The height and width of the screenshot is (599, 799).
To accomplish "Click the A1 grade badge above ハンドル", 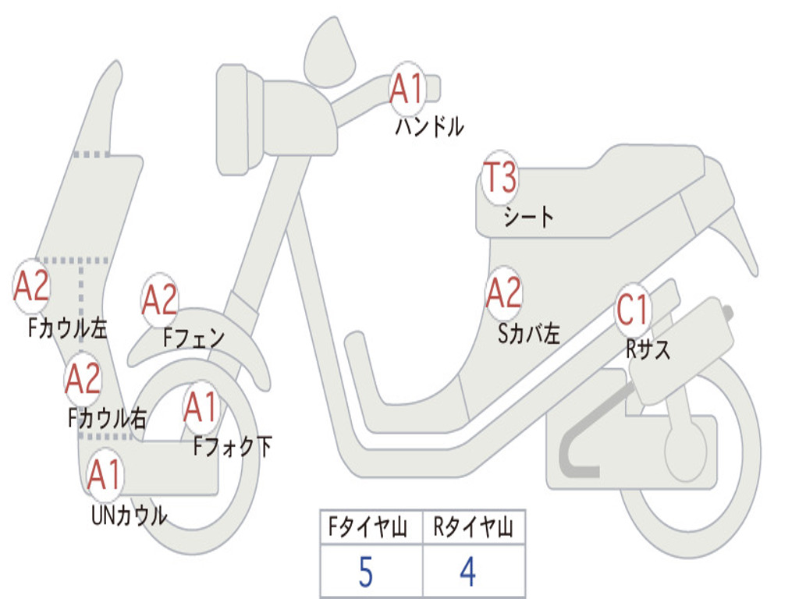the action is pos(407,89).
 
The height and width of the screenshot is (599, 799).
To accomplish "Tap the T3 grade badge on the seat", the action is pos(499,178).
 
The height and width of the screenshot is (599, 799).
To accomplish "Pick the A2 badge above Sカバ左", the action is pos(503,294).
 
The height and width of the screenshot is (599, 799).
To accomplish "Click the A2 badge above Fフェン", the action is pos(160,300).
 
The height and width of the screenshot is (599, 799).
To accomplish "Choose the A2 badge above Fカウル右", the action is pos(83,379).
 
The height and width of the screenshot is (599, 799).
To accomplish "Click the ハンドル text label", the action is pos(429,126).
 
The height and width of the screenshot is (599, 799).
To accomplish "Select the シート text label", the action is pos(528,216).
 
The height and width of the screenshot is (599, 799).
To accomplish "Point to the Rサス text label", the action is pos(648,349).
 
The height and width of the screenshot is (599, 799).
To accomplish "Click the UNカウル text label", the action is pos(129,516).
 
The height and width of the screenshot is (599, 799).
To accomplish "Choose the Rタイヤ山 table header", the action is pos(474,529).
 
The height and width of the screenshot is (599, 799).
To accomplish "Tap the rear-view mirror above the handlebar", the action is pos(328,51).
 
